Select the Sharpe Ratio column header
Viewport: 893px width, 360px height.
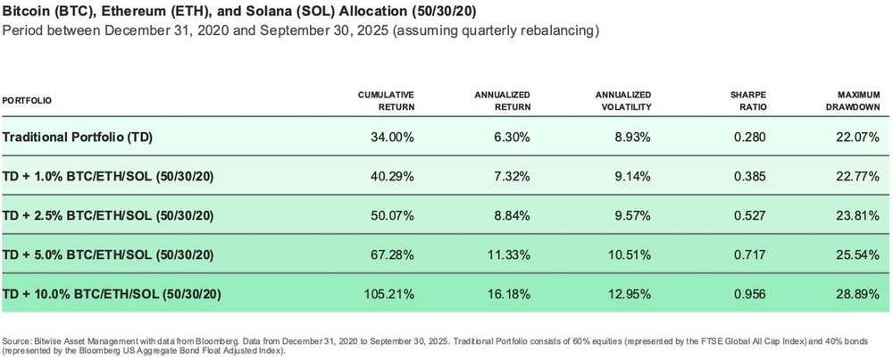pyautogui.click(x=743, y=100)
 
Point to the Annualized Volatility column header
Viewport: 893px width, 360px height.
pyautogui.click(x=622, y=100)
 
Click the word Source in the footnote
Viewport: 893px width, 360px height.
pyautogui.click(x=18, y=342)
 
